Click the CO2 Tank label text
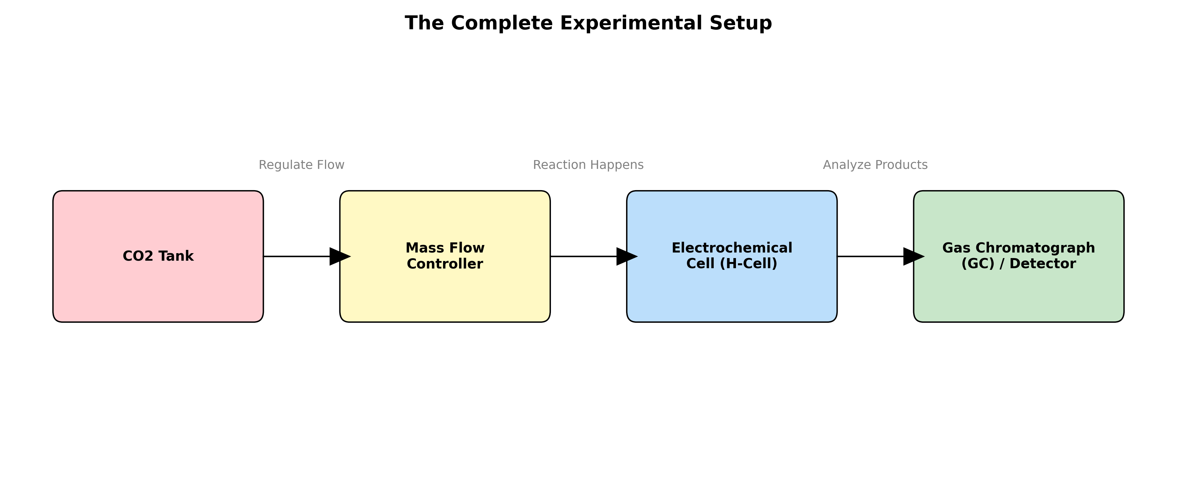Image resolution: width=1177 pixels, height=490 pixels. click(x=158, y=256)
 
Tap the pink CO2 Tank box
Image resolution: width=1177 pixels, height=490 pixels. click(x=158, y=292)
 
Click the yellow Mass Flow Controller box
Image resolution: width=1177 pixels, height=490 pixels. click(x=445, y=297)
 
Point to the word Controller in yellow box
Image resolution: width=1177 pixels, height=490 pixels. click(x=445, y=264)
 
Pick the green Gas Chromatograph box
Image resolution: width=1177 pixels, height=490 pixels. click(x=1018, y=297)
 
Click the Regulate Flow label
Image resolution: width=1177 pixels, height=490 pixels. click(x=301, y=165)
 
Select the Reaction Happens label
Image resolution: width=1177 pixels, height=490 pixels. click(x=588, y=165)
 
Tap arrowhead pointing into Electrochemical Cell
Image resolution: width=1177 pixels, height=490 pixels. click(x=625, y=257)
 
